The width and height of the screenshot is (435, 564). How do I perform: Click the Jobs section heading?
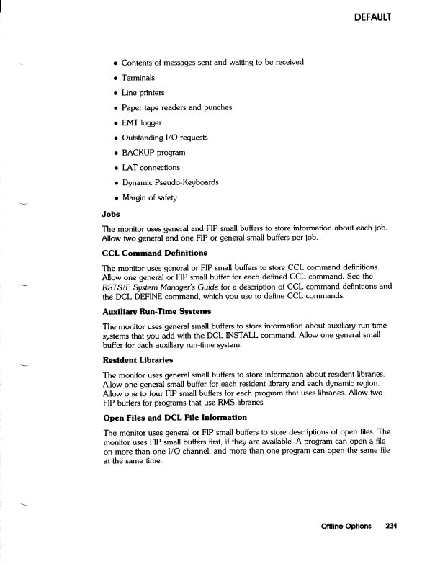[x=111, y=213]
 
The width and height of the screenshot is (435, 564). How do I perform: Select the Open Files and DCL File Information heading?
[x=175, y=417]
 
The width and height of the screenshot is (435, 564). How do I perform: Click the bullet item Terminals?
[x=138, y=77]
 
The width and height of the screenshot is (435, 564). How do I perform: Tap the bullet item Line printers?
[x=143, y=92]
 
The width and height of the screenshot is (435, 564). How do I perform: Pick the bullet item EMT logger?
[x=142, y=122]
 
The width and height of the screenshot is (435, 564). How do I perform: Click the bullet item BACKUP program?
[x=153, y=152]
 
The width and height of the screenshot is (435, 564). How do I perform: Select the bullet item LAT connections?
[x=151, y=167]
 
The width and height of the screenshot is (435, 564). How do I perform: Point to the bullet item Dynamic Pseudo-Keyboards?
[x=171, y=182]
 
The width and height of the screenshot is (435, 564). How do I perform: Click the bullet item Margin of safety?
[x=149, y=197]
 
